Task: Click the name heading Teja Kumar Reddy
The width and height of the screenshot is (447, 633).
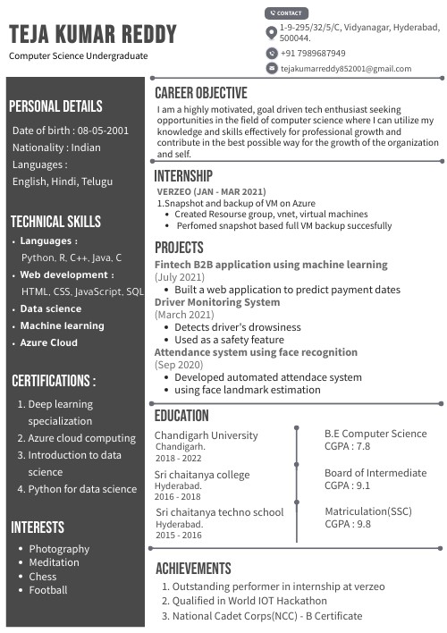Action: point(93,35)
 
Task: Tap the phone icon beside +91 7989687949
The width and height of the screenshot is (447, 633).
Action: point(272,53)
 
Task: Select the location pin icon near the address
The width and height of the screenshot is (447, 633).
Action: point(272,33)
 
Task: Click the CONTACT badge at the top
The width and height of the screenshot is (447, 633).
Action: point(286,13)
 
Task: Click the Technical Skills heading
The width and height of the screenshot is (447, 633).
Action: point(55,222)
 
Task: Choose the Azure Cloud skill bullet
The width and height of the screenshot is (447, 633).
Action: point(49,342)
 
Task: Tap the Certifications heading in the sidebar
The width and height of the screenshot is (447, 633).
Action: point(54,381)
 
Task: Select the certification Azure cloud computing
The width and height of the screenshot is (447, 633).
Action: point(81,438)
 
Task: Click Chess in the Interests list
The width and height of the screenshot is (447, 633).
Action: point(42,577)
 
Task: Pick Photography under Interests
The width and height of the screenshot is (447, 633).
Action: point(59,548)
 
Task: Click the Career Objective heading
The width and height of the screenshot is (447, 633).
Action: point(200,93)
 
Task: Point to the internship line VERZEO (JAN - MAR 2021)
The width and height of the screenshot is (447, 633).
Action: point(211,191)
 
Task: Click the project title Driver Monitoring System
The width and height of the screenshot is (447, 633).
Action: point(217,302)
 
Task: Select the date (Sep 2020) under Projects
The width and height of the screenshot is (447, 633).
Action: point(180,366)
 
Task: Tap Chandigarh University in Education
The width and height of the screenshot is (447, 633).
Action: point(206,435)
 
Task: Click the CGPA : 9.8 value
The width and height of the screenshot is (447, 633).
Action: point(348,524)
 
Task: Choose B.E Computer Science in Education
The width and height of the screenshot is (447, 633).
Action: point(375,434)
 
